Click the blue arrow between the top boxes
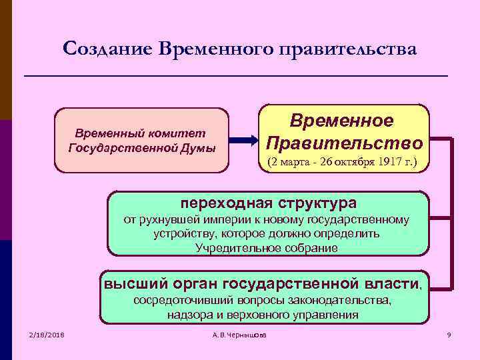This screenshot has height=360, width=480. click(244, 140)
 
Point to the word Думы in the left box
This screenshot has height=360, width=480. click(200, 147)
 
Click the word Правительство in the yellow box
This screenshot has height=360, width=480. click(343, 143)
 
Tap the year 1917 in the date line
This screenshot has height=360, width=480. click(387, 162)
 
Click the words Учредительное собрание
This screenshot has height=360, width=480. click(267, 247)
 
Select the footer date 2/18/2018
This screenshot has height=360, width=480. click(46, 334)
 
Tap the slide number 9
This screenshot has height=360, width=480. click(449, 334)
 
